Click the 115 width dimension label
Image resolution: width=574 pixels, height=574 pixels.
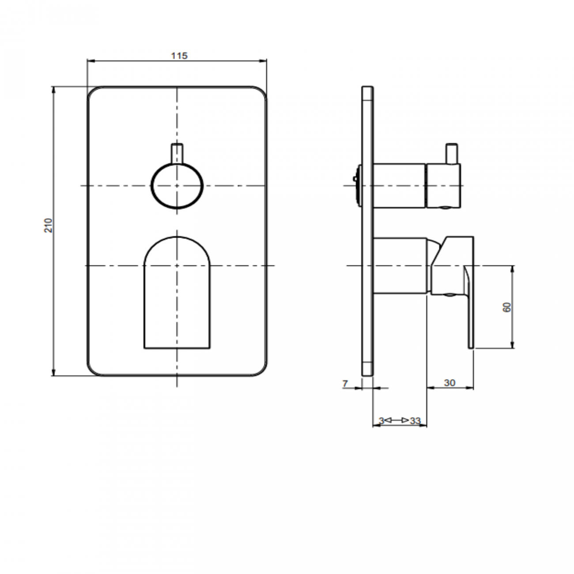(179, 56)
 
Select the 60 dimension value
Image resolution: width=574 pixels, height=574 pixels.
(507, 307)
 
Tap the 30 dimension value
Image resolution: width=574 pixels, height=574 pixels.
(449, 383)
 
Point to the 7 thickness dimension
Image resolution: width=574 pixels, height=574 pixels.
(345, 383)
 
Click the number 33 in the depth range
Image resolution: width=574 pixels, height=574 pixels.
(415, 421)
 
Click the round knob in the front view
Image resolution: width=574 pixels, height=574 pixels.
(177, 186)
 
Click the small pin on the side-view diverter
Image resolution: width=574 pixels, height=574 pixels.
(451, 153)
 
